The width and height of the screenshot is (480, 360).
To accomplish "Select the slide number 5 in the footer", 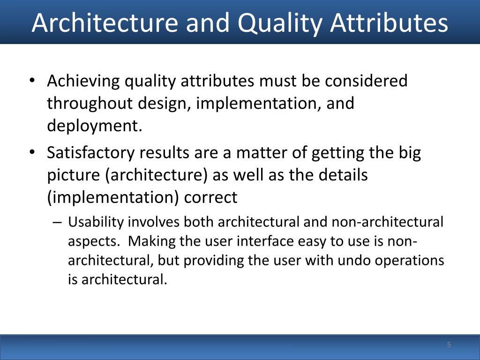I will tap(449, 345).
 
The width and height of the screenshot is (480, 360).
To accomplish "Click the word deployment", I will tap(93, 126).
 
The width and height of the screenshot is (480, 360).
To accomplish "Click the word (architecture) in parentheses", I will tap(156, 175).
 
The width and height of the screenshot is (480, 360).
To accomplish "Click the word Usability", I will tap(96, 222).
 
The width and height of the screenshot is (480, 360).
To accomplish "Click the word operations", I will tap(412, 261).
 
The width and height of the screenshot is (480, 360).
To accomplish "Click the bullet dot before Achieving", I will tap(31, 81).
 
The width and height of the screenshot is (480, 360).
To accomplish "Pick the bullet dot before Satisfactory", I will tap(31, 153).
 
